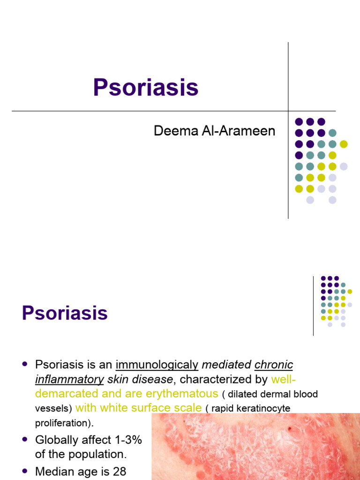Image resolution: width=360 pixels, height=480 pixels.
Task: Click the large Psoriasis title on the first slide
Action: coord(145,88)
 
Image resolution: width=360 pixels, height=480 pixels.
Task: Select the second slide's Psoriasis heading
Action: coord(65,313)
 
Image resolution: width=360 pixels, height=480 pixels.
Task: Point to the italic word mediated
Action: coord(227,365)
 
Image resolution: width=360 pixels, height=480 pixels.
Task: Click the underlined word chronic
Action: coord(274,365)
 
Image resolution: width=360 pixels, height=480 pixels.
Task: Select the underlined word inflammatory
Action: coord(69,379)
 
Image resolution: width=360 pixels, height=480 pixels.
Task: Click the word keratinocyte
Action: coord(267,409)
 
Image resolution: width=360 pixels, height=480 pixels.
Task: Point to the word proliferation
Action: coord(63,423)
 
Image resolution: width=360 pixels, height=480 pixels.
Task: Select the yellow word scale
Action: coord(187,408)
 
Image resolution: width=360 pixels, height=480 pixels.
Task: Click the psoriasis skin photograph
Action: coord(255,448)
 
